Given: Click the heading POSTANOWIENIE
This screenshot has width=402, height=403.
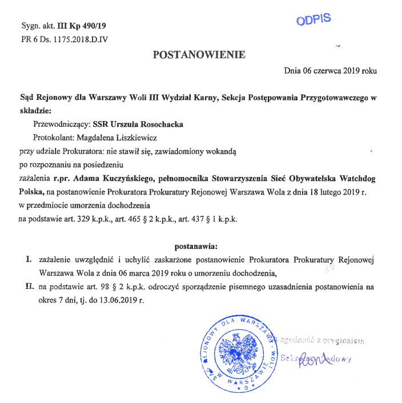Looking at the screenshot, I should point(199,55).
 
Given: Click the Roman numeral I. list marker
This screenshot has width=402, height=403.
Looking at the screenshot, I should point(28,260).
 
